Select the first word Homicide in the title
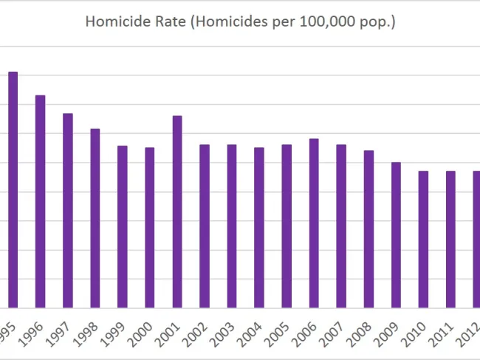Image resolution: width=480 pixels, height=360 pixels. [x=111, y=22]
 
